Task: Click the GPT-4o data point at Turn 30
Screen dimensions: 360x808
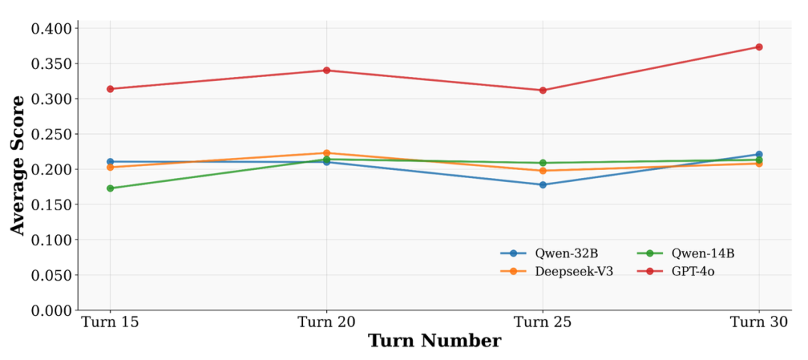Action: (x=759, y=47)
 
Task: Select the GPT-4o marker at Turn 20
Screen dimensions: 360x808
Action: (x=326, y=70)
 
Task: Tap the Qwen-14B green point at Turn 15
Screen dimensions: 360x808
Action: (x=110, y=189)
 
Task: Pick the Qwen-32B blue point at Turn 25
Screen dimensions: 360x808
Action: (x=542, y=185)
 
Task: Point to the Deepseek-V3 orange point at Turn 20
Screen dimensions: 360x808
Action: (x=326, y=153)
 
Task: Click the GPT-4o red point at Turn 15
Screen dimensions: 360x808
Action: (x=110, y=89)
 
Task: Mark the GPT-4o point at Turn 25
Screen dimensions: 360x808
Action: (x=542, y=91)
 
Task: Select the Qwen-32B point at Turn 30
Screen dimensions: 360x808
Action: (x=759, y=154)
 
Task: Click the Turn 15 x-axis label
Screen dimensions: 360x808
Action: (x=110, y=321)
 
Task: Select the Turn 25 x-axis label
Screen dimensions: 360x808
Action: (x=542, y=321)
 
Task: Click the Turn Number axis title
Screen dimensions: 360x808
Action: (x=434, y=341)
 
